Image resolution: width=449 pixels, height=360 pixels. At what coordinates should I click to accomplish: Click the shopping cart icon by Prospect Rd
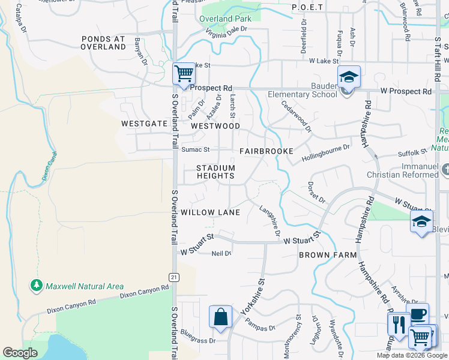(x=184, y=74)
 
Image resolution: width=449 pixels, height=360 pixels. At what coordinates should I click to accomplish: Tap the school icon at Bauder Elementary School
(x=348, y=78)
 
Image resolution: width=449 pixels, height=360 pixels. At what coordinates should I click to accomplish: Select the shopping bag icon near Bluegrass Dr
(x=220, y=317)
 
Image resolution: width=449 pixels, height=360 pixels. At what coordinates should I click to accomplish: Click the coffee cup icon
(x=418, y=313)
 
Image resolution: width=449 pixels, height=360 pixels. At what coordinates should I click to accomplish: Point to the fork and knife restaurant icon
(x=399, y=324)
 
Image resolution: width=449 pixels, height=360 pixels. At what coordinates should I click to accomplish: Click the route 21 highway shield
(x=174, y=277)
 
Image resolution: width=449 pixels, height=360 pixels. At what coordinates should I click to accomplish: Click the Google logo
(x=20, y=353)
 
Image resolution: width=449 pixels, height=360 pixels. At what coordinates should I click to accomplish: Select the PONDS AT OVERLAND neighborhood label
(x=103, y=43)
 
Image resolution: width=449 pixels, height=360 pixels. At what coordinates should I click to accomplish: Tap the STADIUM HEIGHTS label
(x=216, y=172)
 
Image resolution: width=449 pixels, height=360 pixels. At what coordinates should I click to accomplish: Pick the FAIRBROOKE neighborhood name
(x=266, y=151)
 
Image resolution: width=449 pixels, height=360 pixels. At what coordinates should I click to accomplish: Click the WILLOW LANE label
(x=210, y=212)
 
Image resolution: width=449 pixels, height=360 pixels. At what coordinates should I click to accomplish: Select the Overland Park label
(x=224, y=19)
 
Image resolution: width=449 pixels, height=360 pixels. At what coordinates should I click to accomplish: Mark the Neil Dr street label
(x=221, y=253)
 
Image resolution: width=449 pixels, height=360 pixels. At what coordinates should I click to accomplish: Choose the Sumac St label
(x=196, y=149)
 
